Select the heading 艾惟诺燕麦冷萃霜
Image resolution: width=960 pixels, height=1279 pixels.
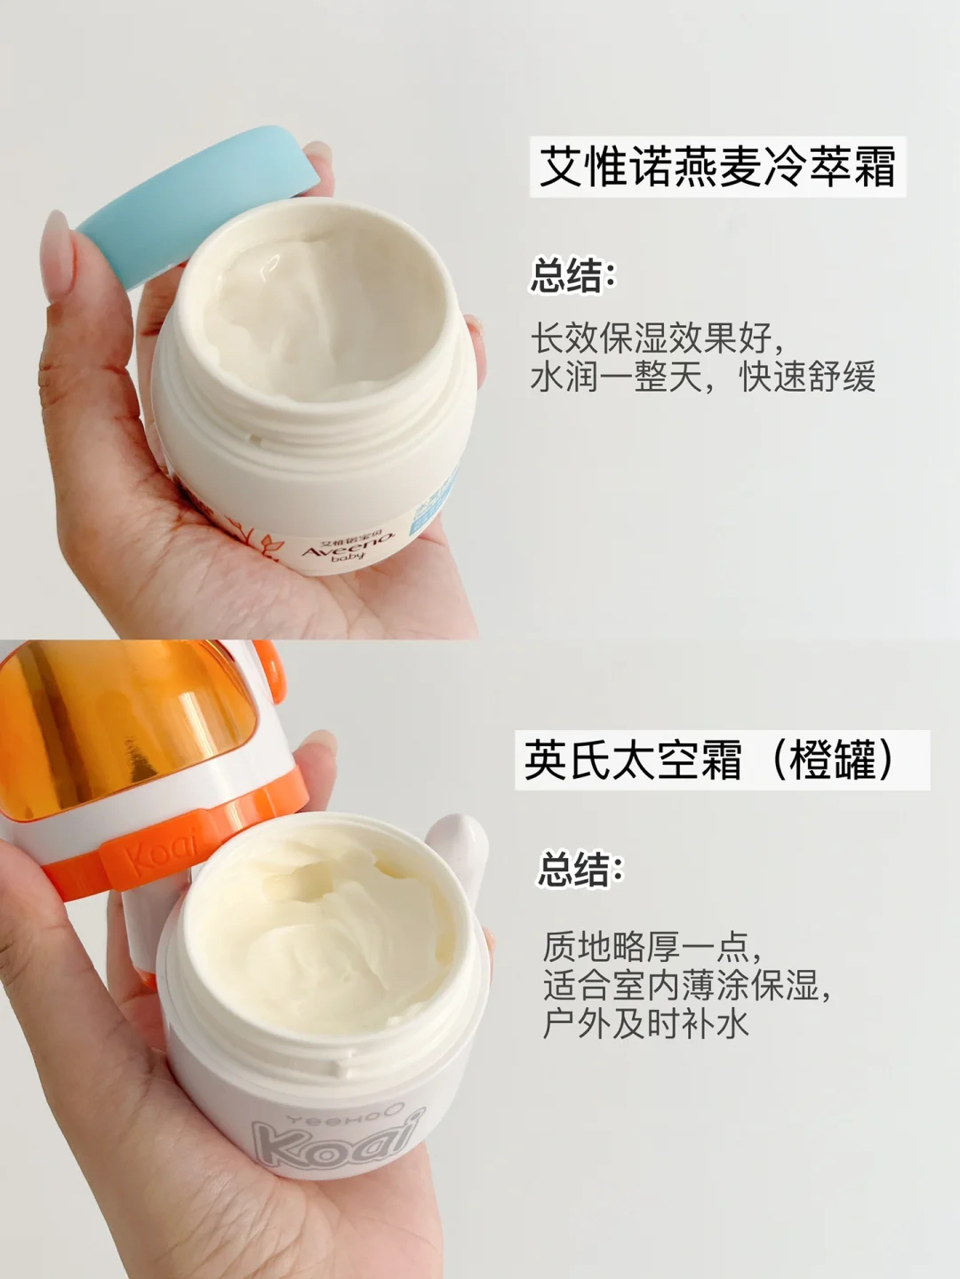click(717, 167)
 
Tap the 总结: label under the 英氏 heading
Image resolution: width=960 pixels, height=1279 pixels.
click(580, 870)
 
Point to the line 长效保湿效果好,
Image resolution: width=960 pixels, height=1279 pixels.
click(657, 338)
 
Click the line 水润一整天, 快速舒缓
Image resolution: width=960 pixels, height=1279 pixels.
click(702, 377)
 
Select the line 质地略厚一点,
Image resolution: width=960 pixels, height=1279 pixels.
click(652, 947)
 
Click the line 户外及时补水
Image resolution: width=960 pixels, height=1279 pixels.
click(646, 1024)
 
